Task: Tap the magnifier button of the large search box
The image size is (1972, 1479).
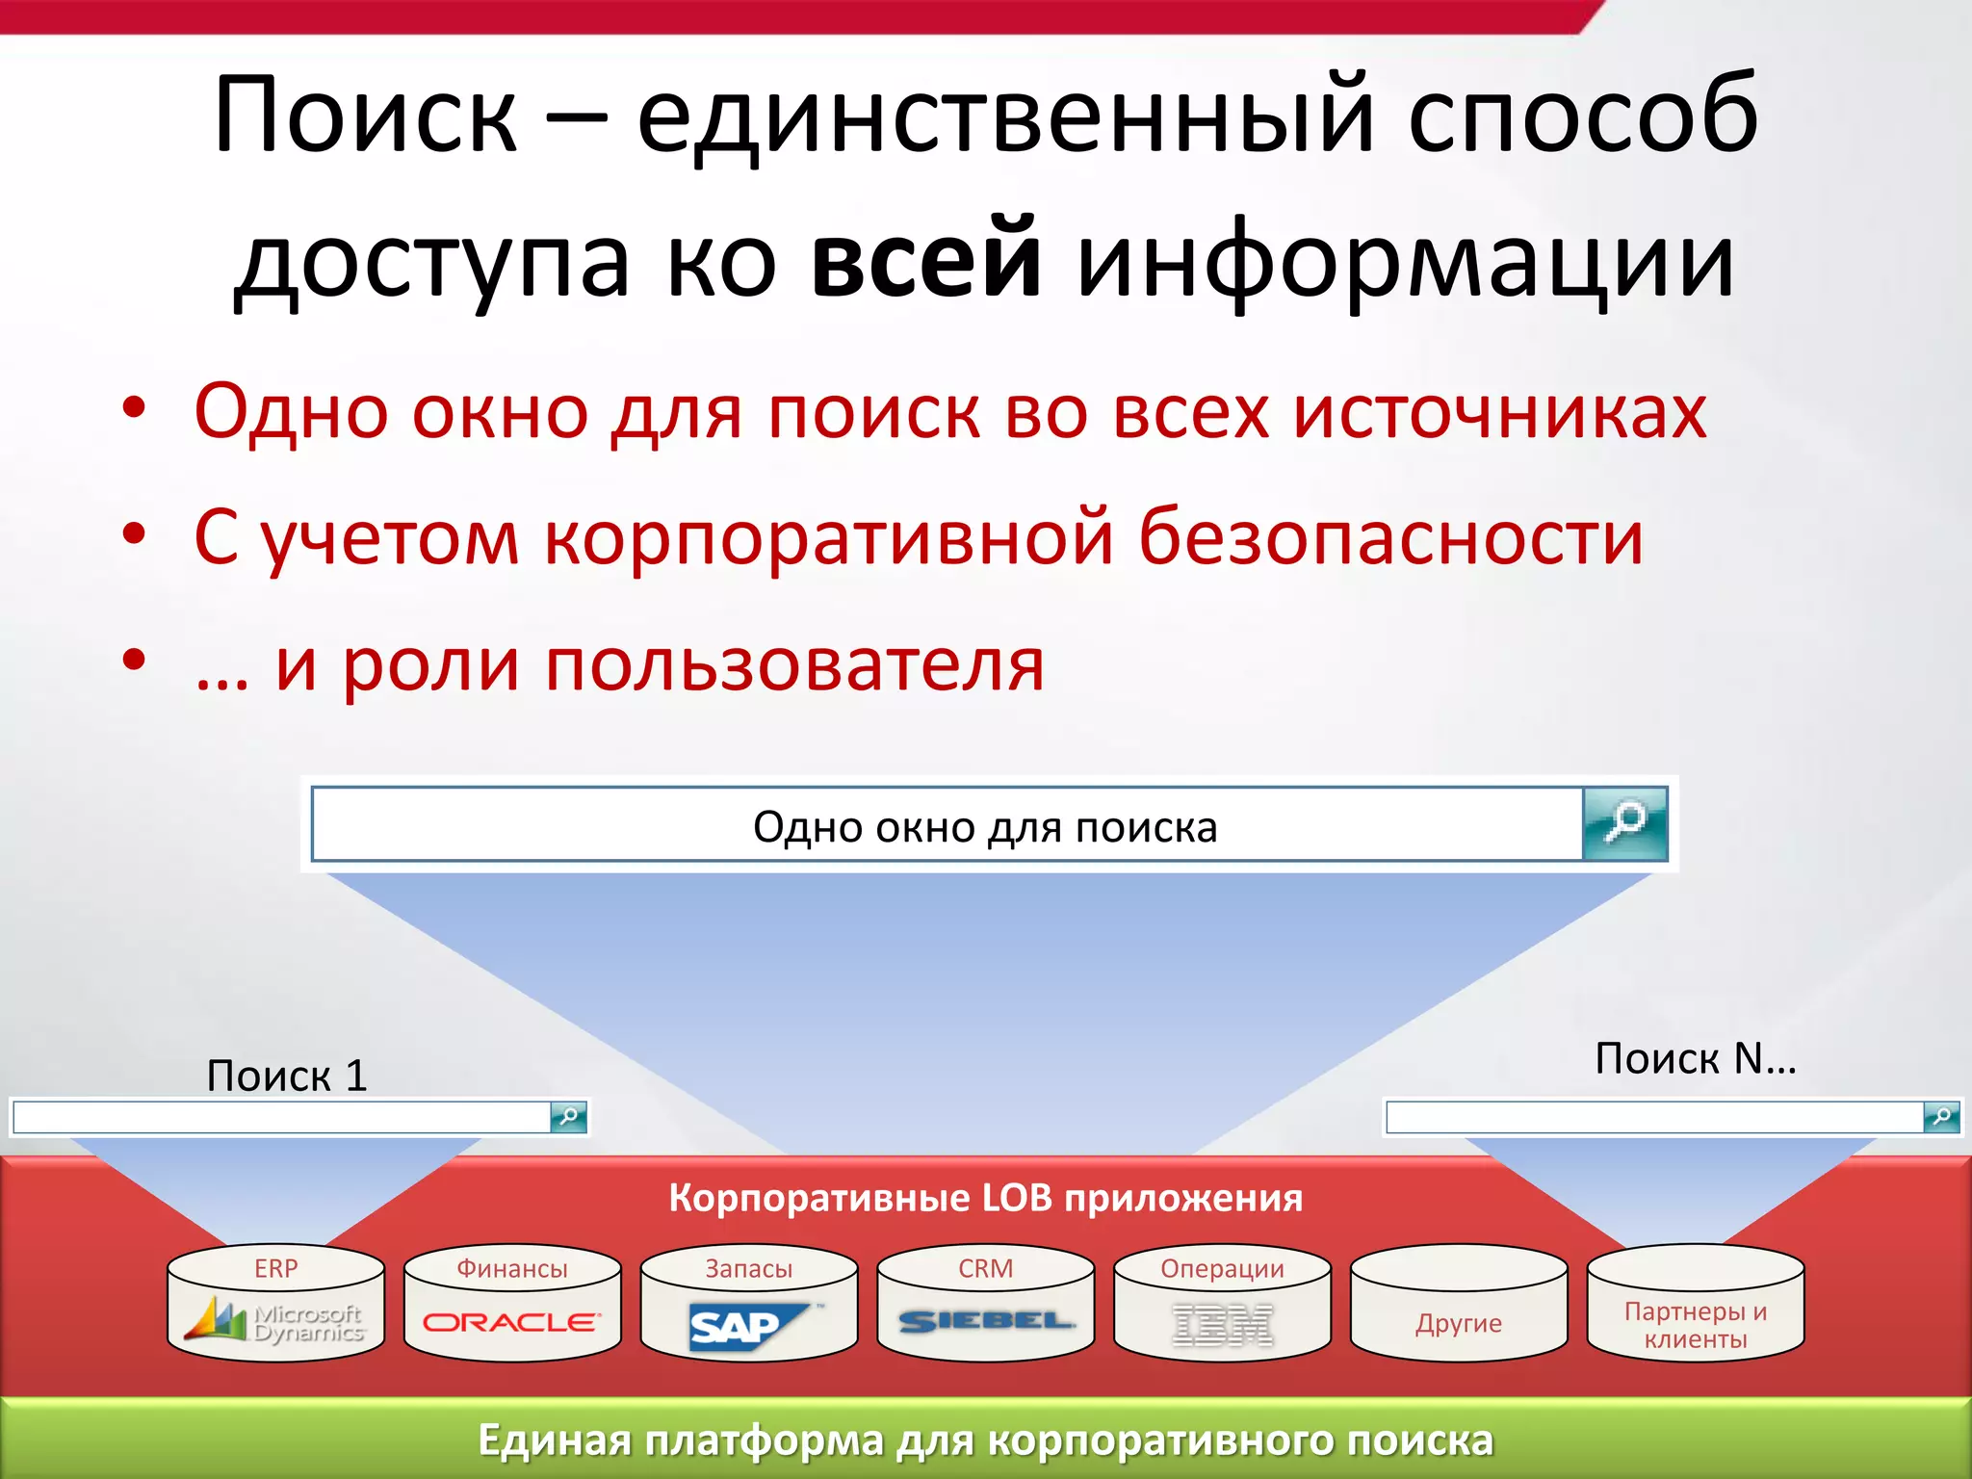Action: click(x=1625, y=823)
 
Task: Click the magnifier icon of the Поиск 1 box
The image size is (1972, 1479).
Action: click(x=568, y=1117)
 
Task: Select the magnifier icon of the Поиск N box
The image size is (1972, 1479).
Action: click(x=1941, y=1117)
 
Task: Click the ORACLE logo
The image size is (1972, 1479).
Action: click(x=512, y=1322)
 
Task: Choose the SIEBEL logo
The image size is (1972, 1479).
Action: click(x=986, y=1321)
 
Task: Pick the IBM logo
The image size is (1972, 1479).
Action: click(x=1222, y=1325)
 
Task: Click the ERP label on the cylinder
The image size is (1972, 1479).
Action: click(x=276, y=1268)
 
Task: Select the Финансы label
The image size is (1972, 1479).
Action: click(x=512, y=1268)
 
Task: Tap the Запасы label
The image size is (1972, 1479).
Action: click(x=749, y=1268)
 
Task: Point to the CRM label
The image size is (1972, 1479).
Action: click(x=986, y=1268)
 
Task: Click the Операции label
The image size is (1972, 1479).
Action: click(x=1222, y=1268)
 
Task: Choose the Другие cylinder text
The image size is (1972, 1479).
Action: click(x=1459, y=1323)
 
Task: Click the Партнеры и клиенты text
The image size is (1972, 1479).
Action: click(x=1696, y=1325)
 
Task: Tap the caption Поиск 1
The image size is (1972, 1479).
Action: click(x=287, y=1076)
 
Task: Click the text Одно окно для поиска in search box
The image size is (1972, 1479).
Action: click(x=985, y=827)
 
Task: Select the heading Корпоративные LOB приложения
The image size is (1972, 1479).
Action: click(x=985, y=1198)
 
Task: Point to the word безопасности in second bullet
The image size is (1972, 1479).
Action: click(x=1390, y=537)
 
